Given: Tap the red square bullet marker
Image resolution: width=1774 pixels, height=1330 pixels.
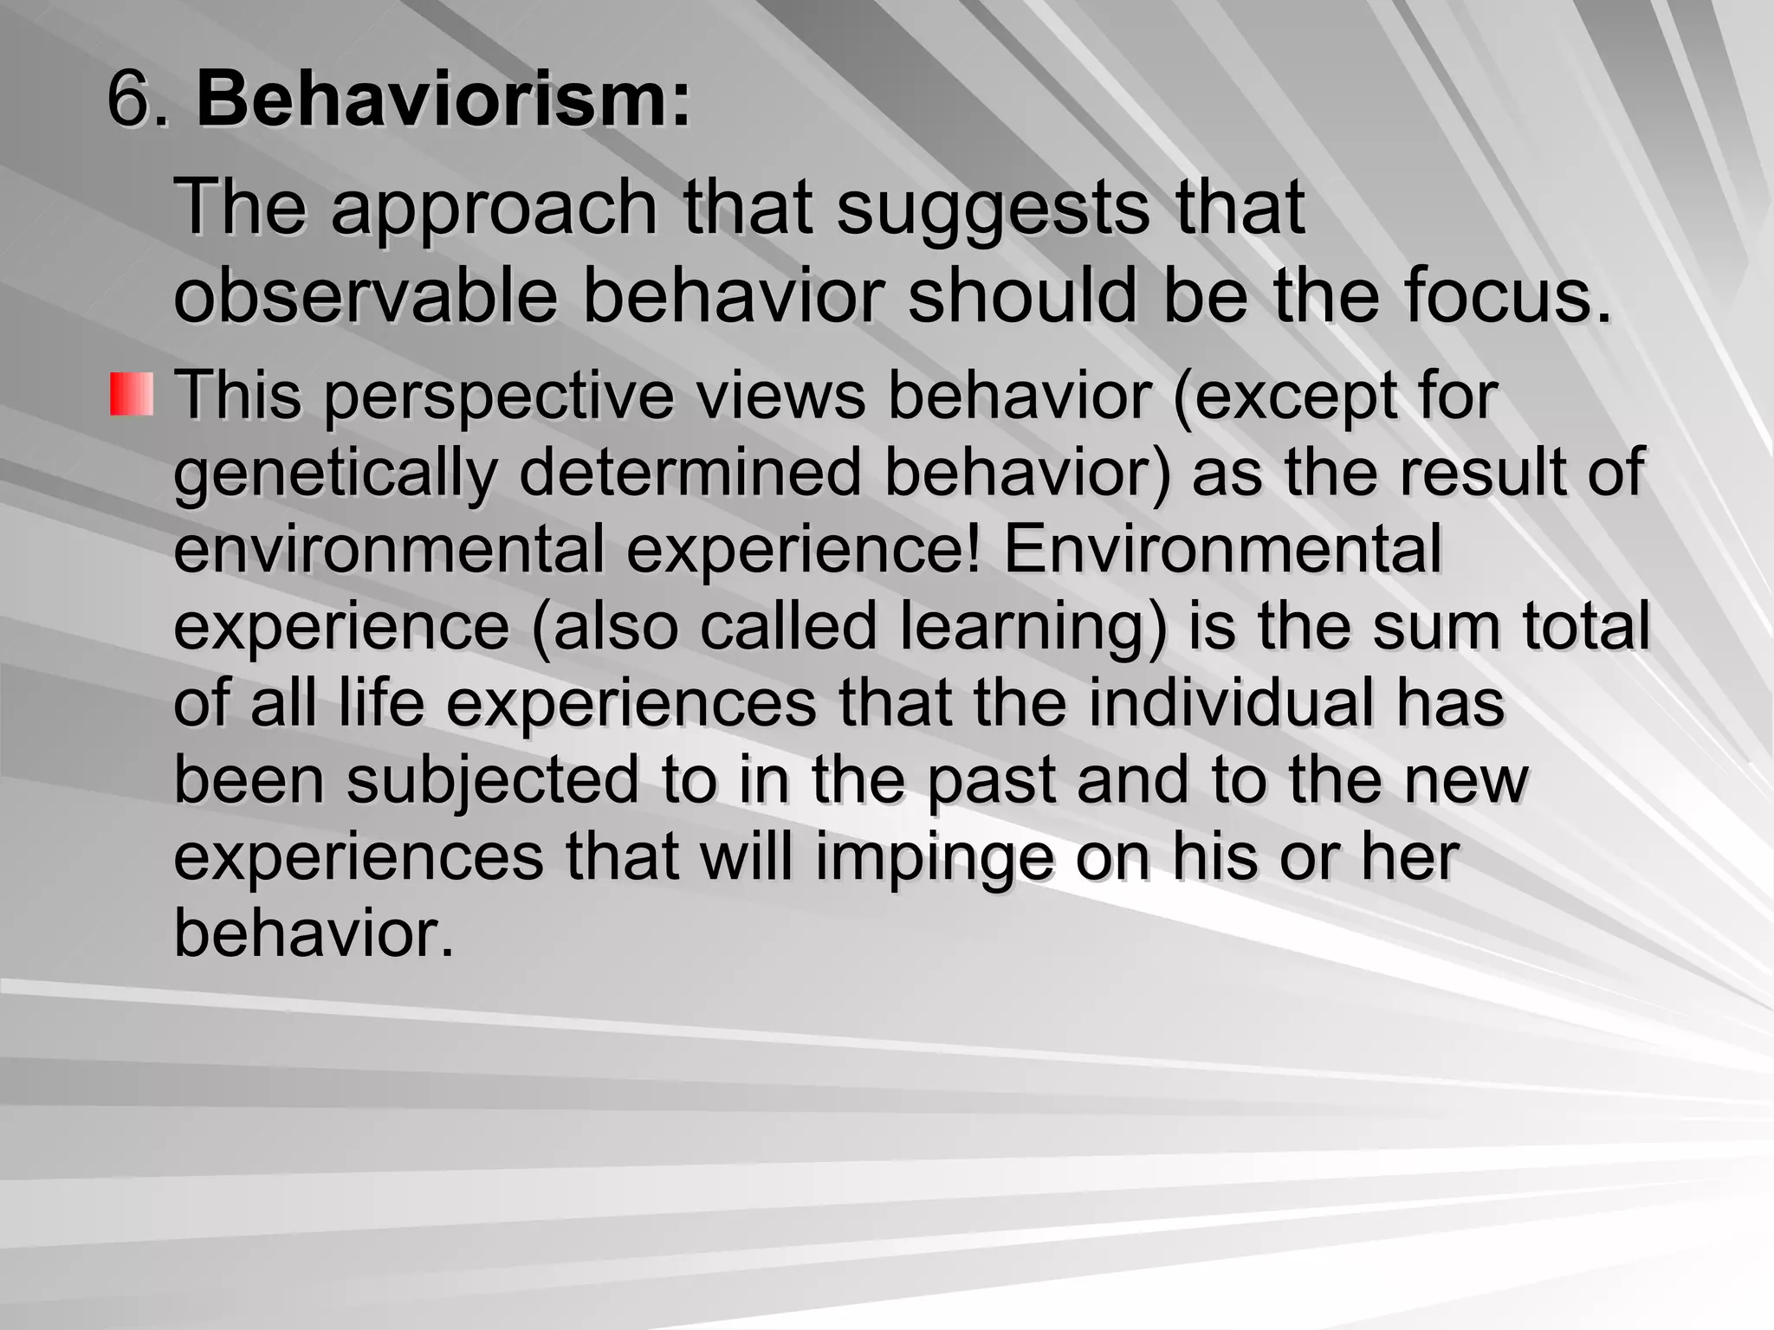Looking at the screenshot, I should tap(131, 394).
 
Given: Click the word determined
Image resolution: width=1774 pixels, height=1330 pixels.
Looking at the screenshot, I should tap(690, 472).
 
